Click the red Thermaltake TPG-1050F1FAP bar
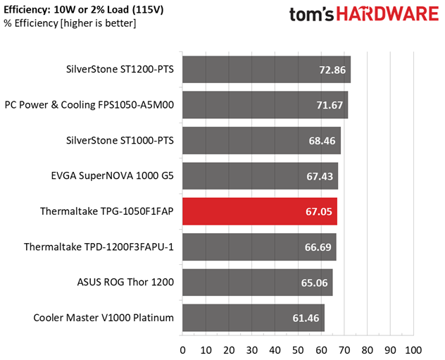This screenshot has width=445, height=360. (x=259, y=211)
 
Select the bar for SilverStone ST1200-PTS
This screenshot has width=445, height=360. (x=266, y=70)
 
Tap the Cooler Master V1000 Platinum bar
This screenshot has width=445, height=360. (x=253, y=318)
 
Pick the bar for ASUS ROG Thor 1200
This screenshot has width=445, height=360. (x=257, y=283)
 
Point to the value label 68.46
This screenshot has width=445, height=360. (x=322, y=141)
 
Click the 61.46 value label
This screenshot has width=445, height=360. (x=306, y=318)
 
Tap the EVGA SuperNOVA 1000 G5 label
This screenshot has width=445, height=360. (x=112, y=176)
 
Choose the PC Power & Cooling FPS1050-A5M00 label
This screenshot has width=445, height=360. (x=89, y=105)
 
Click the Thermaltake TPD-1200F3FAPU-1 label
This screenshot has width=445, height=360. (x=99, y=247)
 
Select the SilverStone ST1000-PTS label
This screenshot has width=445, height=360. (x=120, y=141)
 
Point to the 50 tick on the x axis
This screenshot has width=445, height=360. (x=298, y=350)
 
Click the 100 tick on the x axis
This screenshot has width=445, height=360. (x=413, y=350)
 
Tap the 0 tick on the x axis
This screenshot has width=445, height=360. (x=183, y=350)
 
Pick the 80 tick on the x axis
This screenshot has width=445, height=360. (x=367, y=350)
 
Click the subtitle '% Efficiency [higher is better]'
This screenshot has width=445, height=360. (x=70, y=23)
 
